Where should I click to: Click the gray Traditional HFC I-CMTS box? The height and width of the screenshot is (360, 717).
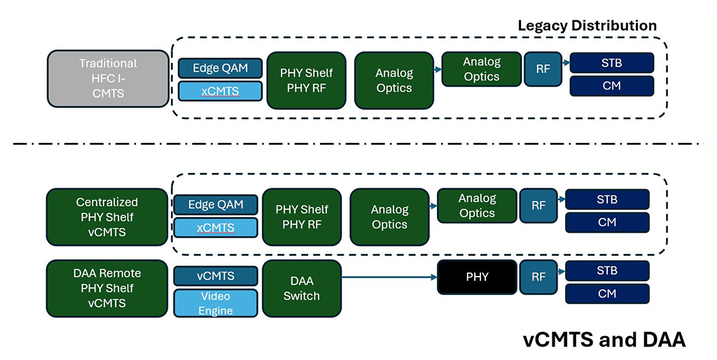107,78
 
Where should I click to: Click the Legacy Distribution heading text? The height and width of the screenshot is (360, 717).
587,26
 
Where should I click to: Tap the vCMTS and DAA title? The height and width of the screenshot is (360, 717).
604,340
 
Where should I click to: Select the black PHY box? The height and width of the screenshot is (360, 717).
477,277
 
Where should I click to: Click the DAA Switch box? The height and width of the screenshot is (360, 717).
301,287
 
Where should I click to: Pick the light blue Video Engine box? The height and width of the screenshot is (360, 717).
215,303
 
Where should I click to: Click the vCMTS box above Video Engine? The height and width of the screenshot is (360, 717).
215,275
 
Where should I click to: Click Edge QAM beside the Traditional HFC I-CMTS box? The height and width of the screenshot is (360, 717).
220,68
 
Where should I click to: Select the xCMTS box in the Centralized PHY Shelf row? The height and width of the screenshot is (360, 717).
215,228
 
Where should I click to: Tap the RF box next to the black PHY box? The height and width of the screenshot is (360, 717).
538,277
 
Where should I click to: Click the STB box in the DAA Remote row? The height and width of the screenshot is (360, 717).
607,270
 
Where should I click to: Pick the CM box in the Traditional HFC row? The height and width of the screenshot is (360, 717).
611,86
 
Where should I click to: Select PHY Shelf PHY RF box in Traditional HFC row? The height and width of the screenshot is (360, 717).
306,80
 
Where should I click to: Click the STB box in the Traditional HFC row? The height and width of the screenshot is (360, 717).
611,63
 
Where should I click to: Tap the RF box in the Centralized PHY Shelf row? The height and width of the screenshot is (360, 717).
538,205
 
